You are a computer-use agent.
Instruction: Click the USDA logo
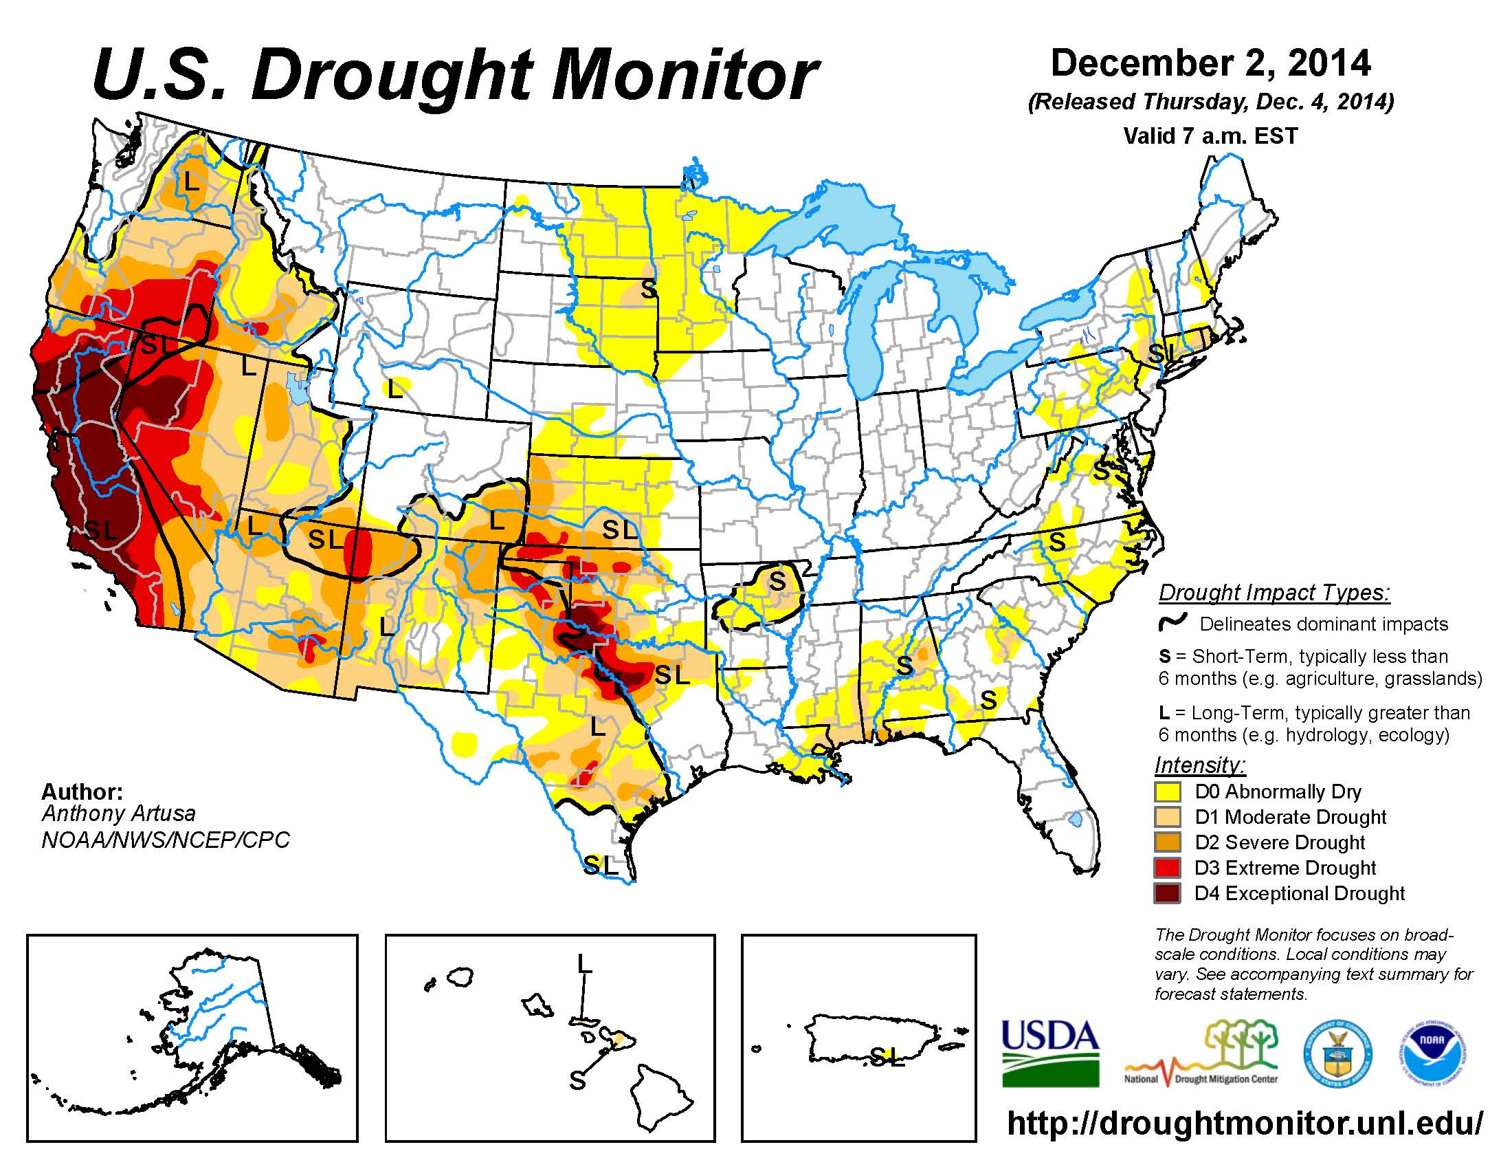tap(1050, 1052)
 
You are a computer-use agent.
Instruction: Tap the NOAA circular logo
tap(1432, 1052)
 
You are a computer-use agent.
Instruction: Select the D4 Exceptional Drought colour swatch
tap(1167, 893)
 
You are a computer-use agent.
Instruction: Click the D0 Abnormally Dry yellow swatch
tap(1167, 791)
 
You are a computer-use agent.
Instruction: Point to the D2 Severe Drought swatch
tap(1167, 843)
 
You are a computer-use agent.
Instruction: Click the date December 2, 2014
tap(1210, 64)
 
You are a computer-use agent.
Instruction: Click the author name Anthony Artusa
tap(118, 813)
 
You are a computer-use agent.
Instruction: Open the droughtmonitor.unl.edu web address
tap(1245, 1122)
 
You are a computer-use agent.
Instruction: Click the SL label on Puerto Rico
tap(887, 1056)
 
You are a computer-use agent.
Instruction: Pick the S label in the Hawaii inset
tap(577, 1080)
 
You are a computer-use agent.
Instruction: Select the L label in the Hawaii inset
tap(584, 963)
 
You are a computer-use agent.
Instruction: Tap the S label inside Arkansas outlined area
tap(778, 581)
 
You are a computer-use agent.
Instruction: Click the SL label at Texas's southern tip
tap(600, 864)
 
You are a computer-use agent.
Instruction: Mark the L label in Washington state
tap(191, 182)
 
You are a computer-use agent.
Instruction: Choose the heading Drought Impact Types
tap(1274, 593)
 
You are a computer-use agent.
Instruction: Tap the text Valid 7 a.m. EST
tap(1210, 135)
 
